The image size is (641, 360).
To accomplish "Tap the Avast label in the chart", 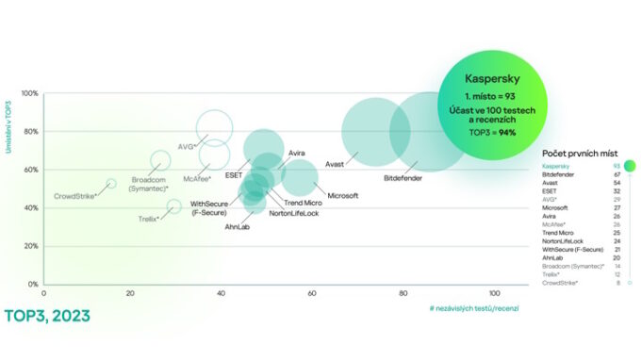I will [x=335, y=164].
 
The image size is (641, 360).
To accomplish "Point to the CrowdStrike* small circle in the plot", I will [x=111, y=185].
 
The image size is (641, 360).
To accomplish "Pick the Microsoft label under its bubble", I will [x=343, y=195].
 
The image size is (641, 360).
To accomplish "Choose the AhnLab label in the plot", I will [x=238, y=227].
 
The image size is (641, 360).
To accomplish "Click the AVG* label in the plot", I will [x=187, y=147].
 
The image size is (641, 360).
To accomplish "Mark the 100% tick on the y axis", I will [x=28, y=94].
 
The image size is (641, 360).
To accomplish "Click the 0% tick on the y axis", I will [x=32, y=284].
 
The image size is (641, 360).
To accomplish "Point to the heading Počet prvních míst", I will [x=579, y=154].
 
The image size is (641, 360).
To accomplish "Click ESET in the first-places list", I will [x=550, y=190].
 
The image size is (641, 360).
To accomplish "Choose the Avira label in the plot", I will [x=297, y=153].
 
